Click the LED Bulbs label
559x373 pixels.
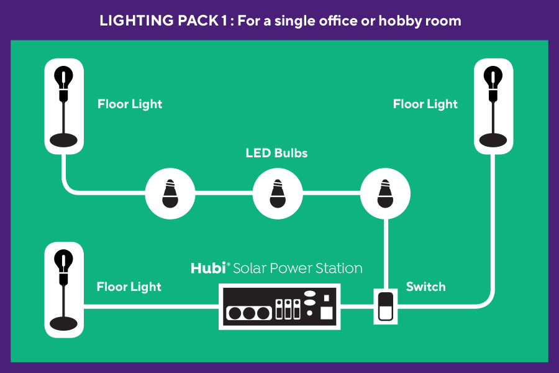[276, 153]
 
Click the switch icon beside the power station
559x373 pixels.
[386, 306]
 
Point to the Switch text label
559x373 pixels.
[425, 287]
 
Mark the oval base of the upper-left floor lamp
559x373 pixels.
[64, 140]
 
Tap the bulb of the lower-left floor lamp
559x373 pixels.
[64, 260]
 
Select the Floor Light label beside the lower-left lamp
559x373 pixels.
[129, 287]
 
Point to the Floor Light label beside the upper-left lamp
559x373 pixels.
[130, 104]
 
